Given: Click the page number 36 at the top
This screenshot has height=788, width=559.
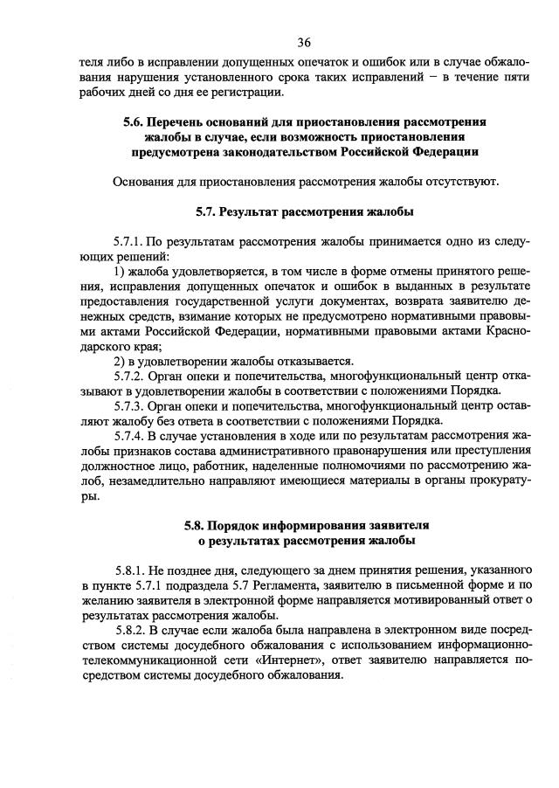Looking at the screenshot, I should pos(304,42).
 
